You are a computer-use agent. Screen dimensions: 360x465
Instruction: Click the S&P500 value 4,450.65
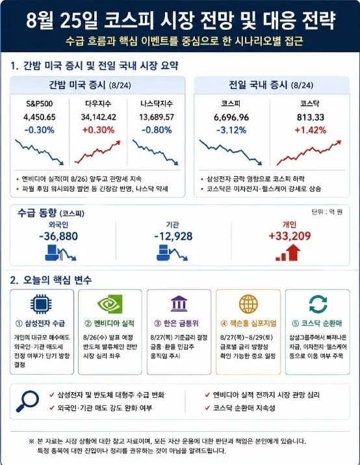tap(40, 117)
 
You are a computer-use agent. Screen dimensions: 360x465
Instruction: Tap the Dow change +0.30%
tap(98, 130)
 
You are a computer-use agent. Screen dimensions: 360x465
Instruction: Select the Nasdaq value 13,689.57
tap(157, 117)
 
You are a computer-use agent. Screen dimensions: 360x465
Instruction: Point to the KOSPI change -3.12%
tap(231, 130)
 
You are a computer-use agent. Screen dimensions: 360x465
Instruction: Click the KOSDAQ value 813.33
tap(310, 117)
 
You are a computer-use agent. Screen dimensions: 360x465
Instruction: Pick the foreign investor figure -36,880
tap(58, 236)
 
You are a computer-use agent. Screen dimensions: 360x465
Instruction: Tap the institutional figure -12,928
tap(174, 236)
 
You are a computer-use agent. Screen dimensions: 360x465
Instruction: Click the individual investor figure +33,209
tap(289, 236)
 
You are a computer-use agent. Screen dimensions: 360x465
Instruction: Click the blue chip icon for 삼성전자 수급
tap(41, 304)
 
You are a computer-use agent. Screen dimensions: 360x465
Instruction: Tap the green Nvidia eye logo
tap(110, 304)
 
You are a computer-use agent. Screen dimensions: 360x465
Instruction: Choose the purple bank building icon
tap(179, 303)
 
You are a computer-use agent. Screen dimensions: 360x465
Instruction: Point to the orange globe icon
tap(248, 304)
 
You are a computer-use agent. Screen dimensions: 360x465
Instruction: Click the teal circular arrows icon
tap(318, 304)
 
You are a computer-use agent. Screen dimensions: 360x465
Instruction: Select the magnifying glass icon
tap(27, 401)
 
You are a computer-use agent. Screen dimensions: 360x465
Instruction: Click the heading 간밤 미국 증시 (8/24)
tap(90, 85)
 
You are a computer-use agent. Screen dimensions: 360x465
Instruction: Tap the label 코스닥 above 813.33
tap(310, 103)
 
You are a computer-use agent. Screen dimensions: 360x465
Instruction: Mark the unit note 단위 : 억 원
tap(327, 212)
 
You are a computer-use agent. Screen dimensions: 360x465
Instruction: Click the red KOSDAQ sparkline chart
tap(309, 153)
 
